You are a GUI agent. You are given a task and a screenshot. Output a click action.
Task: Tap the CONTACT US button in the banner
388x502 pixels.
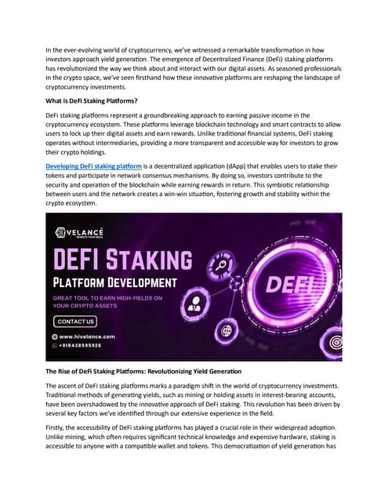[75, 322]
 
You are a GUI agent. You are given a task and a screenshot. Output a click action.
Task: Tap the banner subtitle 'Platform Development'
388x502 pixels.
[125, 282]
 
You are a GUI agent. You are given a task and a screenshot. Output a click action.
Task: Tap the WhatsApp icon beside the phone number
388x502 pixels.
[55, 344]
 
